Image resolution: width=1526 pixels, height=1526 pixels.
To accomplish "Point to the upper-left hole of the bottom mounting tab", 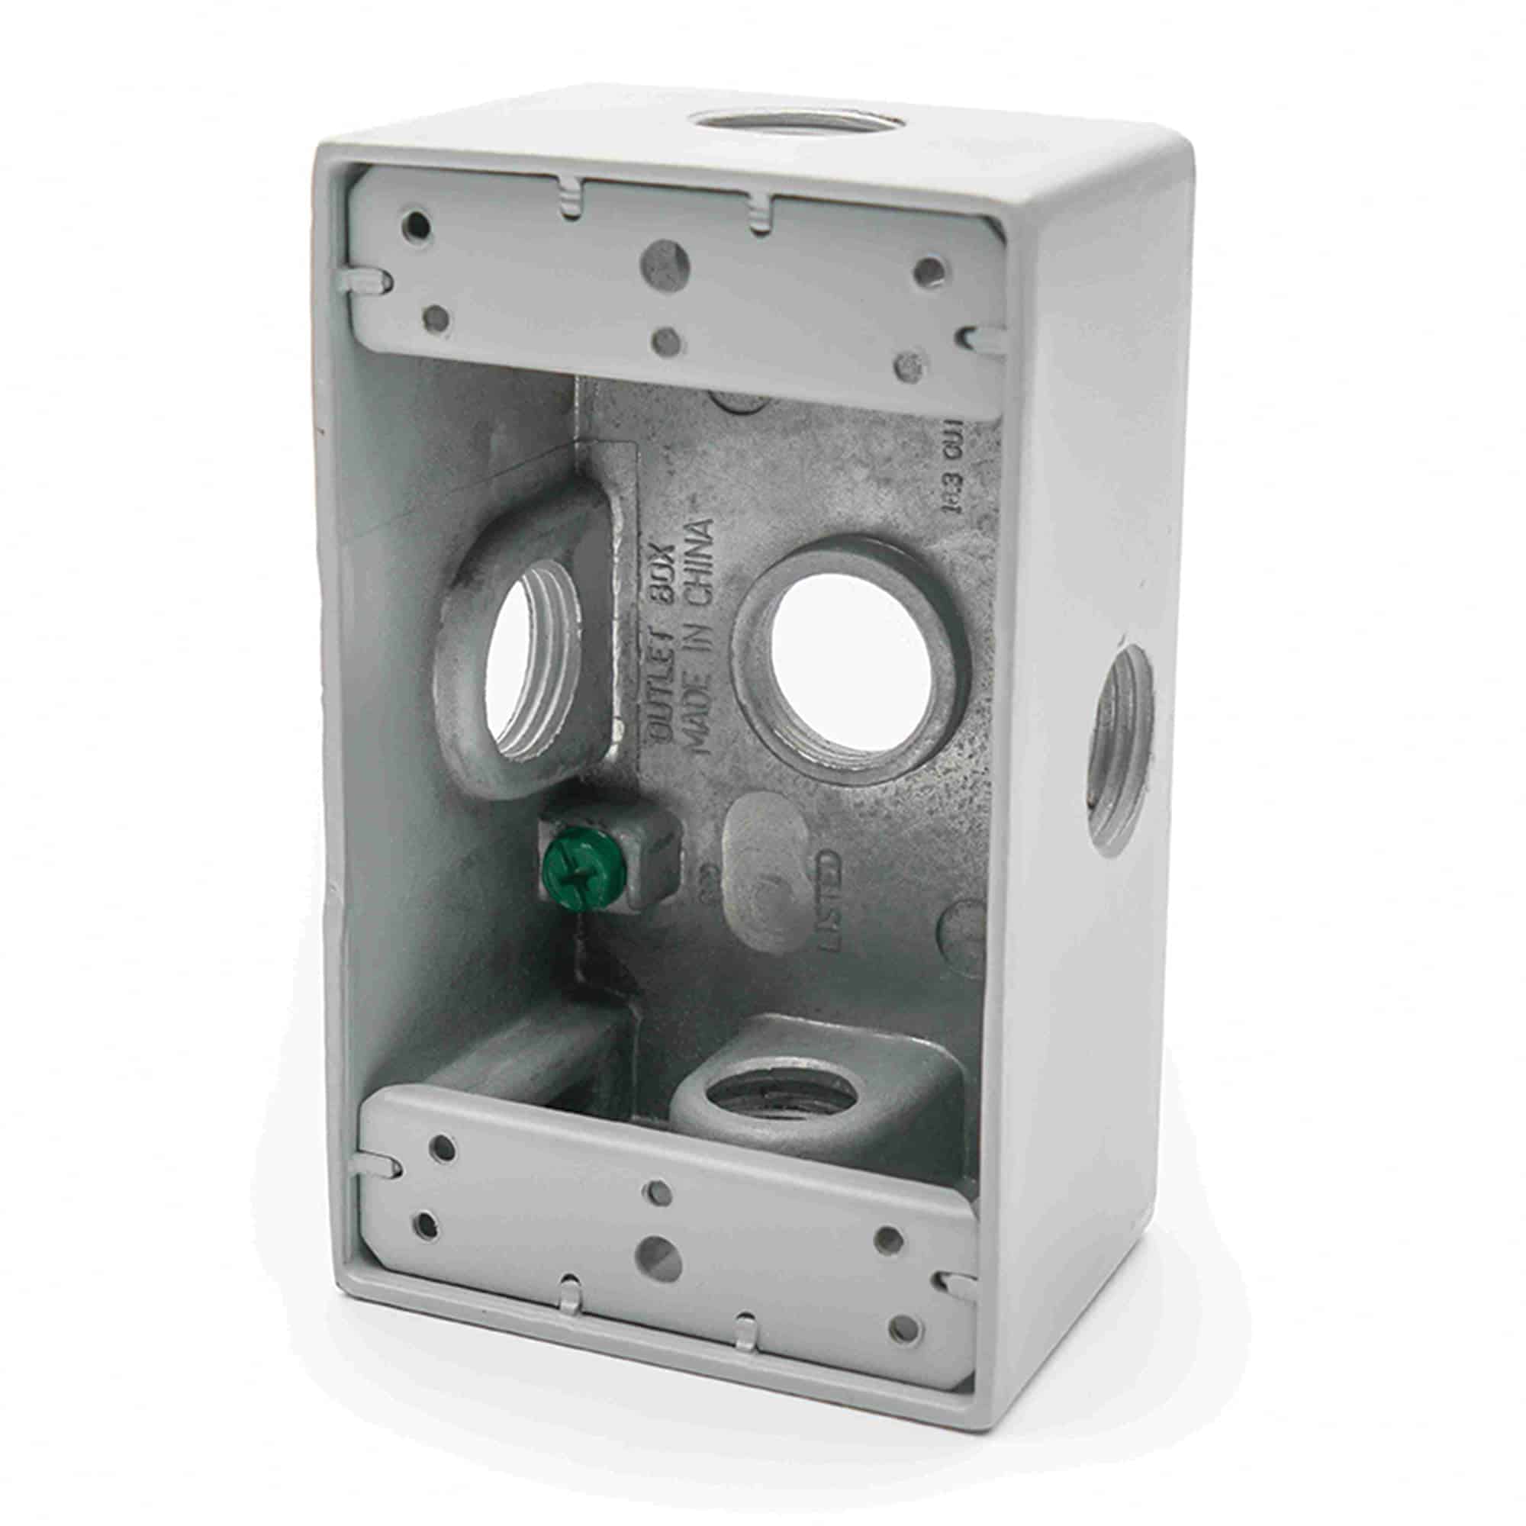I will click(x=445, y=1169).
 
